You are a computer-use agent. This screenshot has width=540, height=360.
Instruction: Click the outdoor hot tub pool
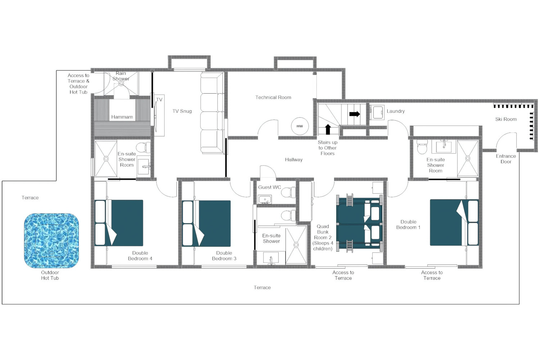click(x=51, y=240)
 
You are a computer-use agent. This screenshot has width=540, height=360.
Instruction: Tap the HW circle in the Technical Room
click(x=300, y=126)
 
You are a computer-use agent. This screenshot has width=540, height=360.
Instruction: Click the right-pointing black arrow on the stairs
click(x=354, y=114)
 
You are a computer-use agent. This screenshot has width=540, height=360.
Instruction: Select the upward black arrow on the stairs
click(x=328, y=129)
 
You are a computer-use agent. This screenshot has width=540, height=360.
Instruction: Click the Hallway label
click(x=293, y=160)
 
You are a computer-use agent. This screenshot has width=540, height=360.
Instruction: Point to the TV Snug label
click(x=182, y=111)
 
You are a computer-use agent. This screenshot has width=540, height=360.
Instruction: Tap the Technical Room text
click(x=273, y=98)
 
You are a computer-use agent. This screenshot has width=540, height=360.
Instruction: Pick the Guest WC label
click(x=269, y=187)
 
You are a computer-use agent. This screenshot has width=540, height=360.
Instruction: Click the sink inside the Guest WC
click(x=265, y=199)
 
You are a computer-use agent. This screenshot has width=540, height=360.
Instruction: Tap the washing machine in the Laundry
click(x=377, y=112)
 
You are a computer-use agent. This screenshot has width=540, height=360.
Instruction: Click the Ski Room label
click(x=505, y=119)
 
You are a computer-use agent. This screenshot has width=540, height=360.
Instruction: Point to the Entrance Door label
click(x=505, y=159)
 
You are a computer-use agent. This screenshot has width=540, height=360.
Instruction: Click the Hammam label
click(x=122, y=117)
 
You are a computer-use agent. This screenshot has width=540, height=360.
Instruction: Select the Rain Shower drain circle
click(x=121, y=84)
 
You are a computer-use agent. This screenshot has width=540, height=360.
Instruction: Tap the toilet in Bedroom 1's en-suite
click(x=422, y=148)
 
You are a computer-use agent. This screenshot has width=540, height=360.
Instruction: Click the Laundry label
click(x=395, y=111)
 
